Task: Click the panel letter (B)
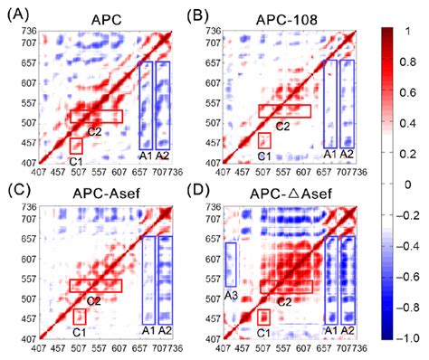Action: pyautogui.click(x=202, y=12)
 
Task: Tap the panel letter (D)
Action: pyautogui.click(x=202, y=189)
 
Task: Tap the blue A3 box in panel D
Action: pyautogui.click(x=231, y=265)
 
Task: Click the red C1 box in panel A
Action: pyautogui.click(x=76, y=146)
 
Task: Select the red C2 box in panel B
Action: pyautogui.click(x=284, y=110)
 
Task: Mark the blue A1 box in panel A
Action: pyautogui.click(x=145, y=105)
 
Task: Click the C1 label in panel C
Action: pyautogui.click(x=80, y=332)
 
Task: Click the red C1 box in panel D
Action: pyautogui.click(x=263, y=317)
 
